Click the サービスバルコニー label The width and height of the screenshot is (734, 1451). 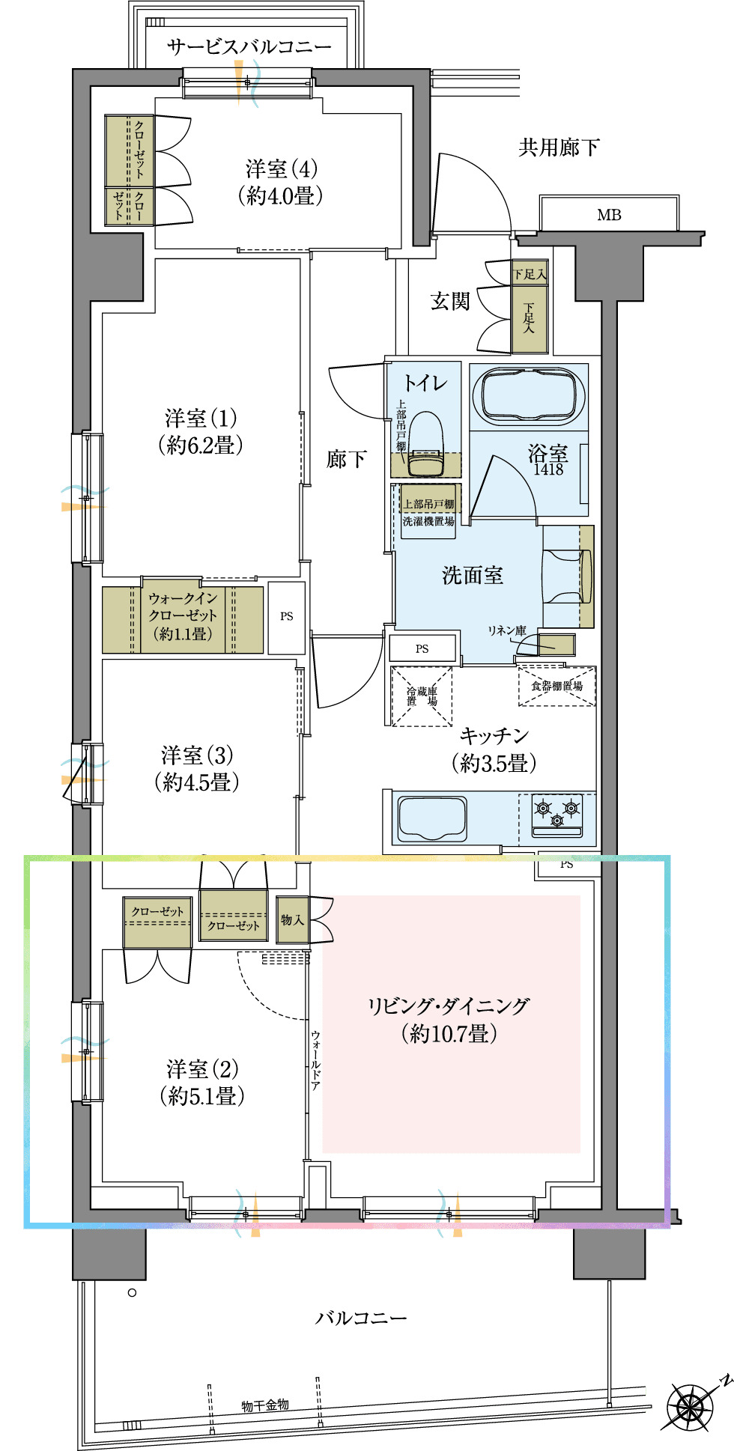[249, 46]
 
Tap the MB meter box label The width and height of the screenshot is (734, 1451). [609, 215]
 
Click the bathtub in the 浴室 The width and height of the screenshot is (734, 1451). [533, 396]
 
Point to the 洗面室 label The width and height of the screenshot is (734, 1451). [472, 575]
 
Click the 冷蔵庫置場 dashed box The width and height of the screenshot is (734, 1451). [422, 696]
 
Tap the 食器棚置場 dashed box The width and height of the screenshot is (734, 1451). [556, 686]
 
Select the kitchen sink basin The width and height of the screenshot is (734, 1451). [432, 818]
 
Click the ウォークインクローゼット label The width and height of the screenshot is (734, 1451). [183, 615]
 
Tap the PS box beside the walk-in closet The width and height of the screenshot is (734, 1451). [286, 617]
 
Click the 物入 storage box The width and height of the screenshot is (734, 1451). [292, 919]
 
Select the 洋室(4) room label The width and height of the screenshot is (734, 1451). [281, 182]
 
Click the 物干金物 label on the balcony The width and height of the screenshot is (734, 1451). [265, 1405]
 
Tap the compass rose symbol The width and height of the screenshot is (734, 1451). [691, 1408]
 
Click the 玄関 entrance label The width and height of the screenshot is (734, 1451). [449, 301]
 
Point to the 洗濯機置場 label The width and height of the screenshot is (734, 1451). [428, 521]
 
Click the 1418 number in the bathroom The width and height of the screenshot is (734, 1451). [548, 469]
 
